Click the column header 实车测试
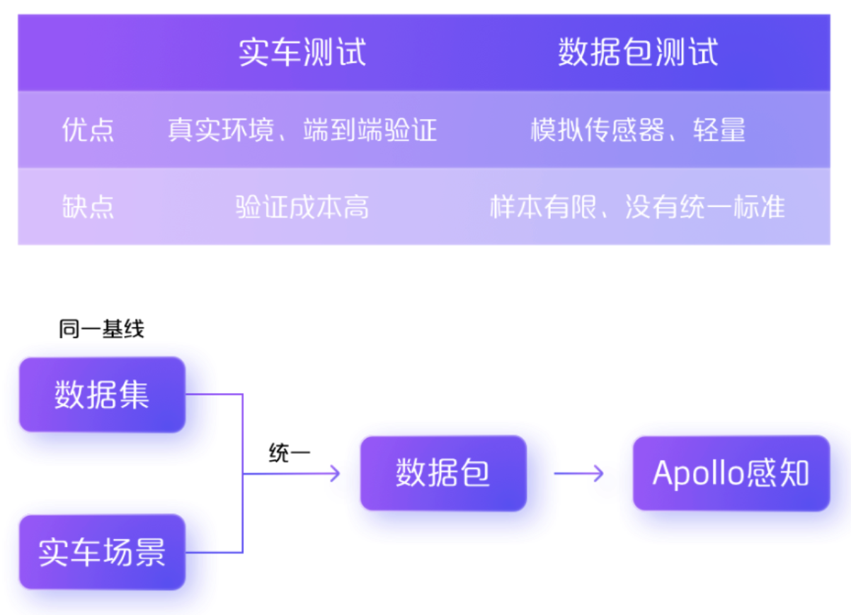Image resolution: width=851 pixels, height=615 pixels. (302, 53)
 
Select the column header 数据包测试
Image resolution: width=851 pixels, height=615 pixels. (638, 53)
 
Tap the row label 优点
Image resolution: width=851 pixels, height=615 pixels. (88, 130)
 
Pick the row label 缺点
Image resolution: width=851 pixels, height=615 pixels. (88, 207)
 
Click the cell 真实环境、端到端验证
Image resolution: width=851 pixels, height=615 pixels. (302, 130)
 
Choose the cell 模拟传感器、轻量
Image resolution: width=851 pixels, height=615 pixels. (638, 130)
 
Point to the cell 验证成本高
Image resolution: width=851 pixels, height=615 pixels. (302, 207)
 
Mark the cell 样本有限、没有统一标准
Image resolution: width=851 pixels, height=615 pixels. (638, 207)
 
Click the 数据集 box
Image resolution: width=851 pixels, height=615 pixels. (102, 395)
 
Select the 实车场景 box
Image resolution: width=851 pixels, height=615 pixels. (102, 552)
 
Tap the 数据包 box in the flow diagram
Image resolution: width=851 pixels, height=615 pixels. (443, 473)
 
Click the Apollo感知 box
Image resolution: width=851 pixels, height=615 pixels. (731, 473)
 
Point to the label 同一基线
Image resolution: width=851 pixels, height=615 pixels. (101, 329)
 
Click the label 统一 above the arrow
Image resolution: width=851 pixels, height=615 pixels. (289, 453)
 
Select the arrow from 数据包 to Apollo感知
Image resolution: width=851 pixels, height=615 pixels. (578, 473)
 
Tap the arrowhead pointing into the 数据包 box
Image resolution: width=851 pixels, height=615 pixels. (334, 473)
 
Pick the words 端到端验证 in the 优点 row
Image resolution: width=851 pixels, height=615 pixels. (370, 130)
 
